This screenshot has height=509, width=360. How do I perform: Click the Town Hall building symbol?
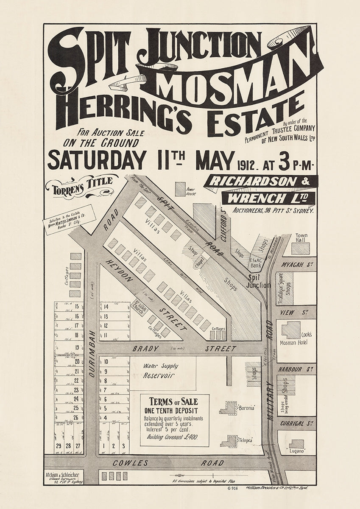click(x=300, y=248)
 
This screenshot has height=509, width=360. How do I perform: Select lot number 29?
click(x=58, y=446)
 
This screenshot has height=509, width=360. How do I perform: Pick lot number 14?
click(x=106, y=307)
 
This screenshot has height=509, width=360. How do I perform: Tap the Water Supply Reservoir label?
click(x=160, y=370)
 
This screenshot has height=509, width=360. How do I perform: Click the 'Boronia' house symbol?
click(x=231, y=408)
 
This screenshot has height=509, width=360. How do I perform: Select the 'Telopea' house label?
click(x=246, y=440)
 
